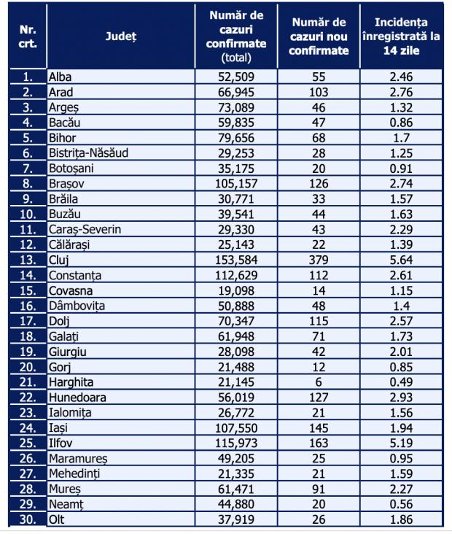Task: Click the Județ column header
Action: [120, 36]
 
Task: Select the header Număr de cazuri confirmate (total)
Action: [236, 36]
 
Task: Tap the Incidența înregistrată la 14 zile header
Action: [401, 36]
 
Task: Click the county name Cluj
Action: [60, 259]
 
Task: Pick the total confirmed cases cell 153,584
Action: [236, 259]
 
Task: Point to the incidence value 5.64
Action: [401, 259]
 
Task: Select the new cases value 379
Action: [318, 259]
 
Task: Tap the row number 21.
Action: [27, 382]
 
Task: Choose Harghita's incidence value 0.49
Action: [401, 382]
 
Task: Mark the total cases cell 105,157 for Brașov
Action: [236, 183]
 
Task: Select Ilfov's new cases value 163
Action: [318, 443]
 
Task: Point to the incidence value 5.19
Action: [401, 443]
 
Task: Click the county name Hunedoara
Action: [77, 397]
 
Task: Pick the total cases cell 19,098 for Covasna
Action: [236, 290]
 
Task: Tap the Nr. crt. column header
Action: [27, 36]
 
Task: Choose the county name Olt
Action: [57, 519]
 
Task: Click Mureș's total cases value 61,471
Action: [236, 489]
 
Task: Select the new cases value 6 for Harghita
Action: [318, 382]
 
